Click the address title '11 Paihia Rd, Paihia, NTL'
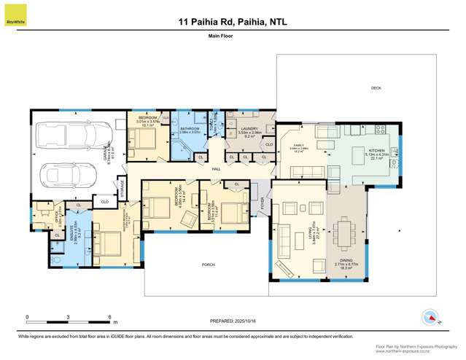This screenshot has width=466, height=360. tap(233, 22)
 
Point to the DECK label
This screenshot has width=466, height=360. tap(376, 88)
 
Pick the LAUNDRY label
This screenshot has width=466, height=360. tap(248, 129)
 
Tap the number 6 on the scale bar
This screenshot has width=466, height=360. tap(109, 317)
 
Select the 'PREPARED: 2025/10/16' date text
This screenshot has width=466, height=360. tap(232, 321)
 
